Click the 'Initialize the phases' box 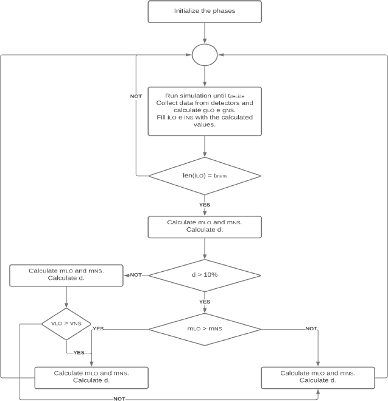tap(205, 12)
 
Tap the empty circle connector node tap(205, 55)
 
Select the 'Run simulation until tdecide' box tap(205, 112)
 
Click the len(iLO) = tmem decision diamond tap(205, 176)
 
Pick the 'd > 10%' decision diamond tap(205, 275)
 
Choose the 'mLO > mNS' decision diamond tap(205, 329)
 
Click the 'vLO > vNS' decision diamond tap(66, 324)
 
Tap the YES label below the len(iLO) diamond tap(205, 205)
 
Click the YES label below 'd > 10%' tap(205, 302)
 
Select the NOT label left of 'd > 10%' tap(136, 275)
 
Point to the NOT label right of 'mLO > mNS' tap(311, 328)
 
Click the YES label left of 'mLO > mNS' tap(98, 328)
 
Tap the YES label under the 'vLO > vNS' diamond tap(79, 353)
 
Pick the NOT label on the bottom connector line tap(119, 399)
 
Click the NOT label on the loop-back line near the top tap(136, 96)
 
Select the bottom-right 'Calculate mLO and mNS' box tap(318, 378)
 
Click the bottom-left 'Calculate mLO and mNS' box tap(91, 378)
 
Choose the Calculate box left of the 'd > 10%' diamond tap(66, 275)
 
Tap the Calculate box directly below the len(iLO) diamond tap(205, 227)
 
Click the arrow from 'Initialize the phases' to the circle tap(205, 34)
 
